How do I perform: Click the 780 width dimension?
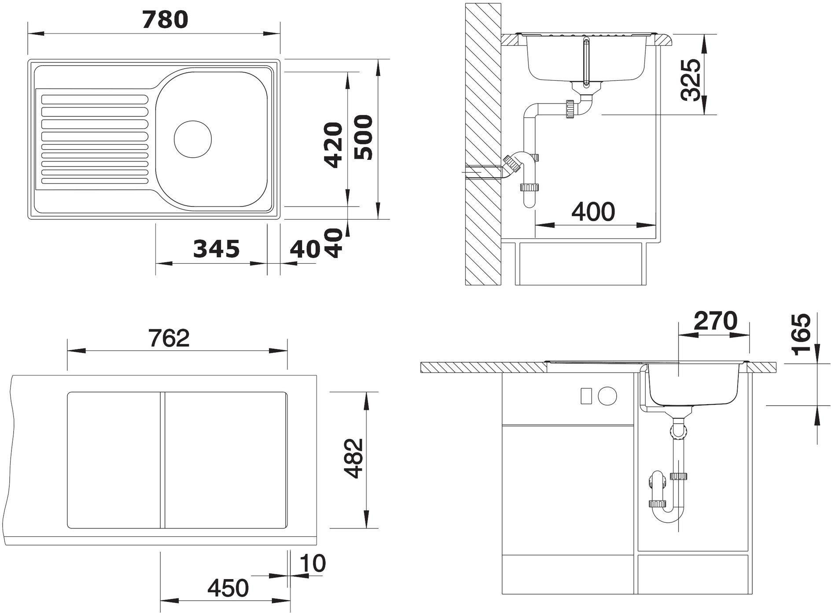point(165,20)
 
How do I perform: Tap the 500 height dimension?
point(364,137)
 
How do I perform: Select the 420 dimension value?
point(333,145)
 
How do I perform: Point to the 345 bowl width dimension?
point(217,249)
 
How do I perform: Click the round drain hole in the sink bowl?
point(193,139)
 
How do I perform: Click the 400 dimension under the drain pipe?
point(593,212)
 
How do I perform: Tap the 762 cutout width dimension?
point(169,338)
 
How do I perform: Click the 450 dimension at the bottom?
point(228,588)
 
